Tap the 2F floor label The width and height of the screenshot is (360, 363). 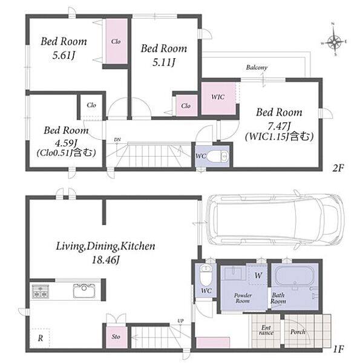pos(338,168)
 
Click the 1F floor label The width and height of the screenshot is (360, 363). pos(338,349)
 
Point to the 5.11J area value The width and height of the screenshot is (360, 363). pos(164,62)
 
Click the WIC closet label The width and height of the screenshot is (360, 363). pos(218,97)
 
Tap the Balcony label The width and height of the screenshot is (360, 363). pos(257,68)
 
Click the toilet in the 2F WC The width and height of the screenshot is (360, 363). pos(218,157)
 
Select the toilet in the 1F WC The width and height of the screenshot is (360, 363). pos(206,275)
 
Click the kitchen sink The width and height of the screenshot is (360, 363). pos(83,291)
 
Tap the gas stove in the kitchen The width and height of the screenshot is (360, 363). pos(41,291)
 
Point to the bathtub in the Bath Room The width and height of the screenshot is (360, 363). pos(294,275)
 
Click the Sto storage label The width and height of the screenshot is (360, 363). pos(116,336)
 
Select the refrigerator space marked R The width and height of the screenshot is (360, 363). pos(40,338)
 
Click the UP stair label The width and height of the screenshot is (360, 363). pos(180,321)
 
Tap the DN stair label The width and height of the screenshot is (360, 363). pos(117,140)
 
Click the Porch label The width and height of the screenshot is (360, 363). pos(298,332)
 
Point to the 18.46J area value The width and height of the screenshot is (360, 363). pos(105,260)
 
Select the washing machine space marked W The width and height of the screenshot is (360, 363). pos(258,275)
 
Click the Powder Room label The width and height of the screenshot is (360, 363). pos(243,298)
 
